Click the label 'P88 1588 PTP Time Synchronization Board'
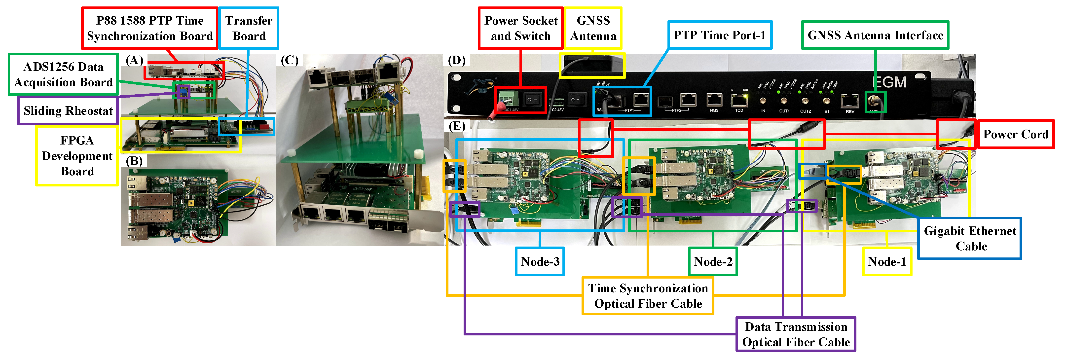[x=150, y=28]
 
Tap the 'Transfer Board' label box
[x=249, y=28]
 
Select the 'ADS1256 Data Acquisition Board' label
[x=63, y=74]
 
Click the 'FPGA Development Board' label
[x=77, y=156]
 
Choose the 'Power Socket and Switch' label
[x=520, y=28]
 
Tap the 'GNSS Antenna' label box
[x=593, y=28]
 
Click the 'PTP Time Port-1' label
[x=719, y=35]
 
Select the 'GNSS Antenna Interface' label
[x=875, y=35]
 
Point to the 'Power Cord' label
[x=1015, y=134]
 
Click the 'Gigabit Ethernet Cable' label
[x=970, y=239]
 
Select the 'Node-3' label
[x=540, y=262]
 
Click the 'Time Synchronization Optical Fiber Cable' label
[x=648, y=296]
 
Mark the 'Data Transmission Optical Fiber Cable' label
[x=796, y=334]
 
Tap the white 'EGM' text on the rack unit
[x=889, y=82]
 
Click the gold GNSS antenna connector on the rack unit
[x=876, y=101]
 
